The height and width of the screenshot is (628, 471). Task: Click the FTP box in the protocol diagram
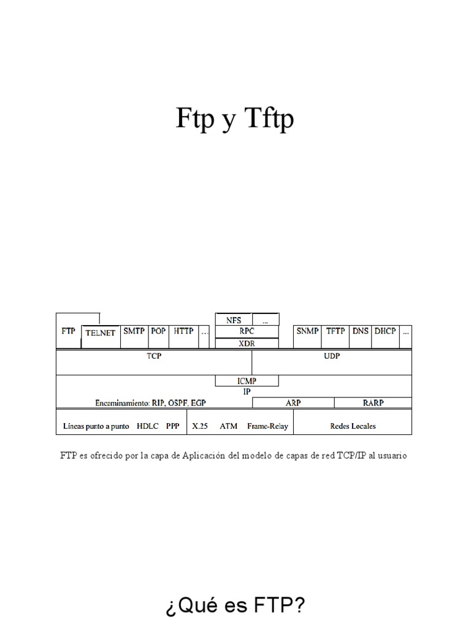[68, 331]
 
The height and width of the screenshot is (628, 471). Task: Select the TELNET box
[100, 333]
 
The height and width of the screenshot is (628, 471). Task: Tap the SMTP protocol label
[134, 331]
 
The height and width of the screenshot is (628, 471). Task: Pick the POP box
[158, 331]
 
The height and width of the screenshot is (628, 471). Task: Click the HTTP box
[183, 331]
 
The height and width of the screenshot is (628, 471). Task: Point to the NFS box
[234, 320]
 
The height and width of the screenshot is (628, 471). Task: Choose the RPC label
[247, 331]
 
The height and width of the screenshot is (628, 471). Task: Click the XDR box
[247, 343]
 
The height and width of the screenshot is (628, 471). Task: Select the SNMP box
[307, 331]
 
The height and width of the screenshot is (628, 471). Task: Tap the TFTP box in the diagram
[335, 331]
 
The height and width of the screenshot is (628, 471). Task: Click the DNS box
[361, 331]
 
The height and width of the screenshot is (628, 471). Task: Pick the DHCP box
[385, 331]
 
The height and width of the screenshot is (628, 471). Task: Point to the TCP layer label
[154, 356]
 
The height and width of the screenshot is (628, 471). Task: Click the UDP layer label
[332, 356]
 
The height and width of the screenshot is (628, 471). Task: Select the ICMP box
[247, 381]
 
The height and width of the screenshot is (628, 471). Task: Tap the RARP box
[372, 402]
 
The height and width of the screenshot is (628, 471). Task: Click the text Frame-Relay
[268, 426]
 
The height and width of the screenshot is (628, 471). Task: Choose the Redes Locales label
[353, 426]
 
